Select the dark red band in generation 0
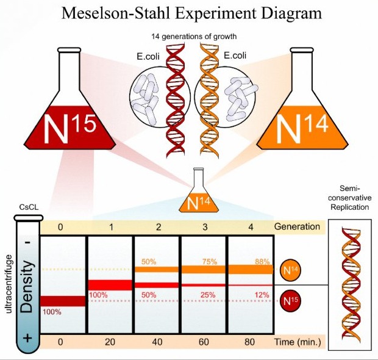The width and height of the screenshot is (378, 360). pyautogui.click(x=64, y=301)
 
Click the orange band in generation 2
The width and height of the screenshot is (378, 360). pyautogui.click(x=157, y=269)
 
